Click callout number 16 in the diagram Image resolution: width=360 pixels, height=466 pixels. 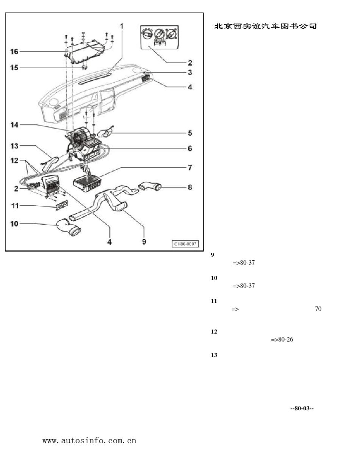pos(14,52)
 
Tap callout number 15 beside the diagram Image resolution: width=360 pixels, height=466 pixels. pos(14,68)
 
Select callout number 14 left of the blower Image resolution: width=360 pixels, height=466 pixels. pos(14,125)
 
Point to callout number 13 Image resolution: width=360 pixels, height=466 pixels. pos(14,146)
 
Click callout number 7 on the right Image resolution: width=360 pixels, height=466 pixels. pos(190,167)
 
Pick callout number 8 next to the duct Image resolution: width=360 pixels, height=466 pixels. pos(190,188)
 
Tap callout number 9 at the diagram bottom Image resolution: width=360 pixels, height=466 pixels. pos(144,242)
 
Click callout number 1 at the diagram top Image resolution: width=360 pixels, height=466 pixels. pos(122,27)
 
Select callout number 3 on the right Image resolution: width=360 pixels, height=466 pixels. pos(190,72)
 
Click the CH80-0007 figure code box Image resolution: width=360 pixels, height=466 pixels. pos(185,244)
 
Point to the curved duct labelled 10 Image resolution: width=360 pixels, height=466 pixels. pos(69,227)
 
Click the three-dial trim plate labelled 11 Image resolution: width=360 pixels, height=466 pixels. pos(62,205)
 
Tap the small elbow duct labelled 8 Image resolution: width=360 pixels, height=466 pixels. pos(150,186)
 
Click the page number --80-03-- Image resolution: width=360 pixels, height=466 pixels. pos(302,408)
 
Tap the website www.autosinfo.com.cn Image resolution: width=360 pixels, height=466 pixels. pos(89,441)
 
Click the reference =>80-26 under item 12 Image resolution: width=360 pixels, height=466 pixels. pos(282,339)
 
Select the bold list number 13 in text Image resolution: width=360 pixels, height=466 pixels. pos(214,355)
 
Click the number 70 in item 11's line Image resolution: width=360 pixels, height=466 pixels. pos(318,309)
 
